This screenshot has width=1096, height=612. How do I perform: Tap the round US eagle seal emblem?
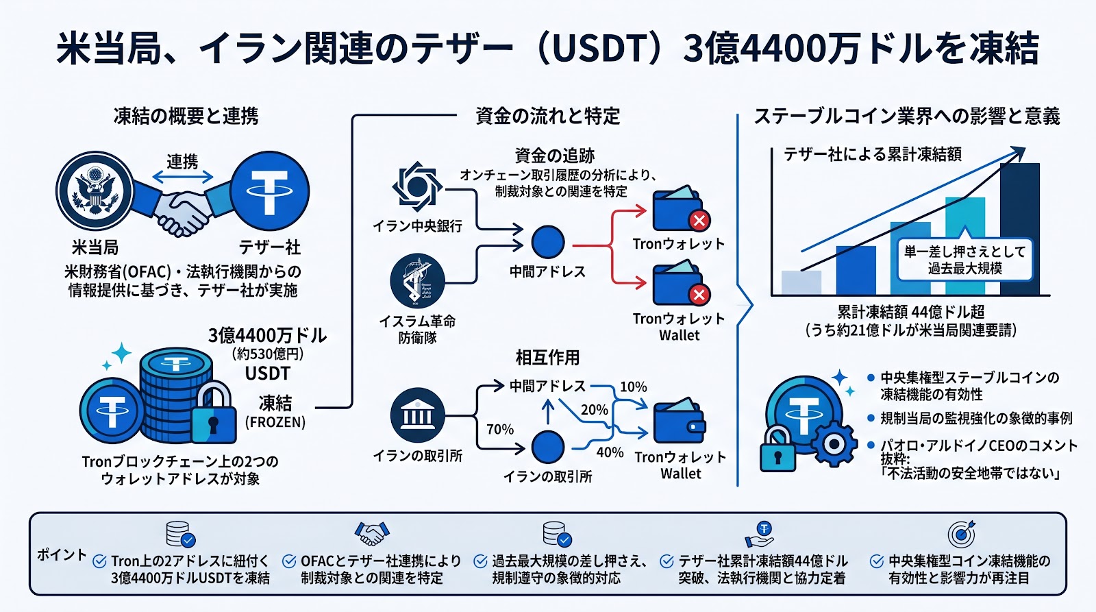tap(95, 191)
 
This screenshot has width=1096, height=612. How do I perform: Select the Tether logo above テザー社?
tap(269, 191)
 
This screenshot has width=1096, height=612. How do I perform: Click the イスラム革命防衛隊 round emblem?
tap(417, 281)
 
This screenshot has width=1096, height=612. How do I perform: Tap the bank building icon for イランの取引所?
tap(417, 415)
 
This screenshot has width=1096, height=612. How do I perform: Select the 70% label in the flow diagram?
tap(500, 430)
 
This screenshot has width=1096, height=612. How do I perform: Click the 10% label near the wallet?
tap(634, 387)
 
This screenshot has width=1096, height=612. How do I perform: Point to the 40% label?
tap(610, 452)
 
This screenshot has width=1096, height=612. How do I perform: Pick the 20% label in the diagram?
tap(594, 410)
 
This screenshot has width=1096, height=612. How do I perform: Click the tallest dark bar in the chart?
tap(1019, 229)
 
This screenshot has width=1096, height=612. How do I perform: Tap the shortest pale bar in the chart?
tap(801, 282)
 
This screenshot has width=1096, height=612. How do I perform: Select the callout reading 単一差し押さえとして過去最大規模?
tap(964, 260)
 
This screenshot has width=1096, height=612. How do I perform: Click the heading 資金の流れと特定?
tap(547, 117)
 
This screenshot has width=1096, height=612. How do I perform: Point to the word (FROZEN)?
tap(275, 422)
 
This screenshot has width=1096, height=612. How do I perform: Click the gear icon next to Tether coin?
tap(834, 444)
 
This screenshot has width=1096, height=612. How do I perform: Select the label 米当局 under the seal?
tap(95, 247)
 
